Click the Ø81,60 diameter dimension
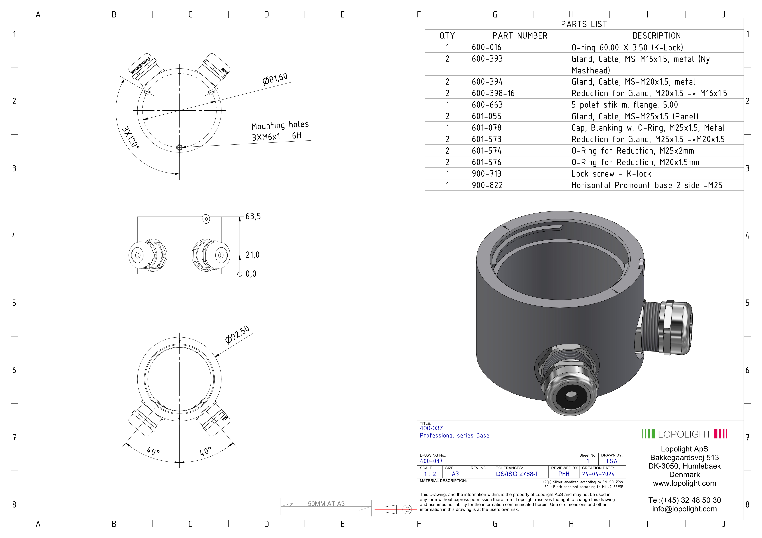pos(275,79)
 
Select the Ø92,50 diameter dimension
pos(237,335)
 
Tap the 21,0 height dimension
pos(252,255)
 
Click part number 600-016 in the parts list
pos(487,47)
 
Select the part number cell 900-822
pos(487,185)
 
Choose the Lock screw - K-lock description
pos(611,174)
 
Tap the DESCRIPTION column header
pos(656,36)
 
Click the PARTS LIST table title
pos(584,24)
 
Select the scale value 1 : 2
pos(430,474)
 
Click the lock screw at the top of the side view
pos(206,219)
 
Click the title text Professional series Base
pos(454,436)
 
